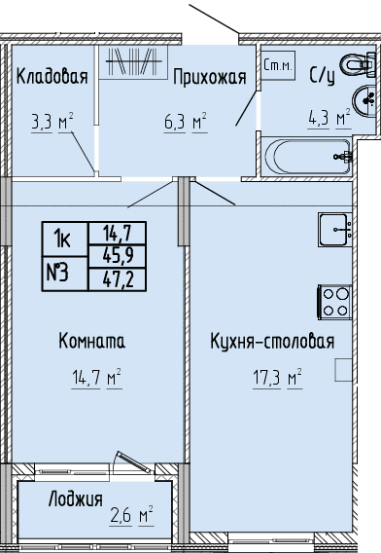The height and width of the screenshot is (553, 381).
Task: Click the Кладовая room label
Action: click(x=52, y=76)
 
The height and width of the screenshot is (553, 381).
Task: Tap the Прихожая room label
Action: click(x=210, y=77)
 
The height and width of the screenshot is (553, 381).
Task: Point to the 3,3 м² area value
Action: click(x=52, y=123)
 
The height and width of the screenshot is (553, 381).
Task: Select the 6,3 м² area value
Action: click(x=186, y=123)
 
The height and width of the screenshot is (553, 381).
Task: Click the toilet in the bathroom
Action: click(x=359, y=64)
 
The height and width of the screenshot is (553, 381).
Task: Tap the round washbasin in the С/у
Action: click(x=365, y=100)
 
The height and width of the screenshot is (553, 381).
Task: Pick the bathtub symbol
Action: click(x=308, y=156)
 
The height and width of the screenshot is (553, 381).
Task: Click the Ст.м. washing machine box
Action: click(x=277, y=65)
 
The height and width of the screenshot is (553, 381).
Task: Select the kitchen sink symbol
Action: click(x=335, y=229)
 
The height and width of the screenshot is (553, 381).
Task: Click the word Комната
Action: click(x=91, y=341)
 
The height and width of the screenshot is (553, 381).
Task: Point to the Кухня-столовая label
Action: click(x=272, y=342)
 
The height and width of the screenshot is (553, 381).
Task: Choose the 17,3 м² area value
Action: click(x=277, y=378)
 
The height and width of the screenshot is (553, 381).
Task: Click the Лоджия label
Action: click(x=76, y=499)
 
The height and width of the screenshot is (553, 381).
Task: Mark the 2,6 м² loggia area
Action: click(x=131, y=515)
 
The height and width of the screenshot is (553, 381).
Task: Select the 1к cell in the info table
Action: click(x=65, y=240)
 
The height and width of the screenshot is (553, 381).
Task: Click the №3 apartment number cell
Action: click(x=65, y=274)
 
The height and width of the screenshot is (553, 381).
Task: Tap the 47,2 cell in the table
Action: click(x=118, y=279)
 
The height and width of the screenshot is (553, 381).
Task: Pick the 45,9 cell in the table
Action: click(x=118, y=256)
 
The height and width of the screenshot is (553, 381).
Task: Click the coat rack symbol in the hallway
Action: click(x=133, y=61)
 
